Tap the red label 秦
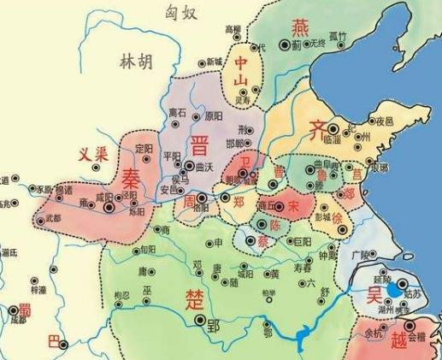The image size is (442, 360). (132, 178)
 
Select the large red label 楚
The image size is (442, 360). (194, 298)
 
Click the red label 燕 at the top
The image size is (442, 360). (302, 27)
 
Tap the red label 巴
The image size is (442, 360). (54, 343)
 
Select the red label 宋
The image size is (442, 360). (293, 206)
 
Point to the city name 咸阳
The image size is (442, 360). (104, 196)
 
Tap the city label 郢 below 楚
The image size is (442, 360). (214, 327)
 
